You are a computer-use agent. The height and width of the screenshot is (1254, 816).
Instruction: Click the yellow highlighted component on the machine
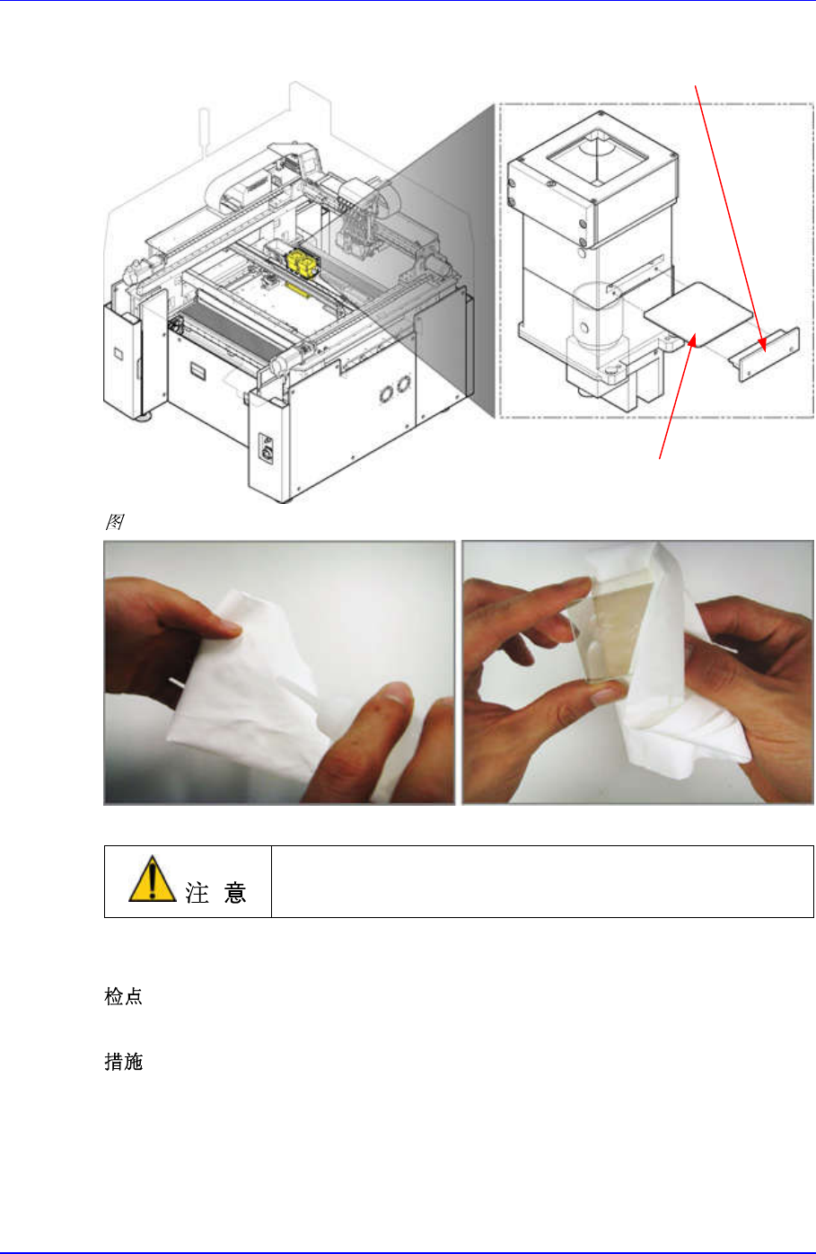point(303,264)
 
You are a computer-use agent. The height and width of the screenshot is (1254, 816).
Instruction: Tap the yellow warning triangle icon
point(152,879)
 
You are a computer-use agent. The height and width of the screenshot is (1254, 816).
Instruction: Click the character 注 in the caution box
point(197,892)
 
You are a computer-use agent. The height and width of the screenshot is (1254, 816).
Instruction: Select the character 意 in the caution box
point(235,892)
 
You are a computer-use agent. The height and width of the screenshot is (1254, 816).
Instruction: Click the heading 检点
point(124,997)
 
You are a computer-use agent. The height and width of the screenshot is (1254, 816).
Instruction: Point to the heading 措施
point(124,1062)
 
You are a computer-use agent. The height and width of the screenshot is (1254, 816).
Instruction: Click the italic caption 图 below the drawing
point(114,522)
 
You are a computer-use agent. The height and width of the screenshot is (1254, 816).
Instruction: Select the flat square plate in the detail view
point(698,312)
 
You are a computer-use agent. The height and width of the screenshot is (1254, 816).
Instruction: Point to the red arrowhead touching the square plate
point(693,340)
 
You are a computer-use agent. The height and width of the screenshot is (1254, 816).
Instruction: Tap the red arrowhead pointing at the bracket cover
point(763,345)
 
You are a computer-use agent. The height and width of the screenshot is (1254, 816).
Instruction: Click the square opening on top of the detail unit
point(598,156)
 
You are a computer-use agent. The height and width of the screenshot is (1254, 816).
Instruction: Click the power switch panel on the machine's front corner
point(267,448)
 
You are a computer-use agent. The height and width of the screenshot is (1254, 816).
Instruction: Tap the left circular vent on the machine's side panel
point(386,393)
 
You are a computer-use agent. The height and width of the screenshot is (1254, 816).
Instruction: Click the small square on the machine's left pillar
point(118,353)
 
